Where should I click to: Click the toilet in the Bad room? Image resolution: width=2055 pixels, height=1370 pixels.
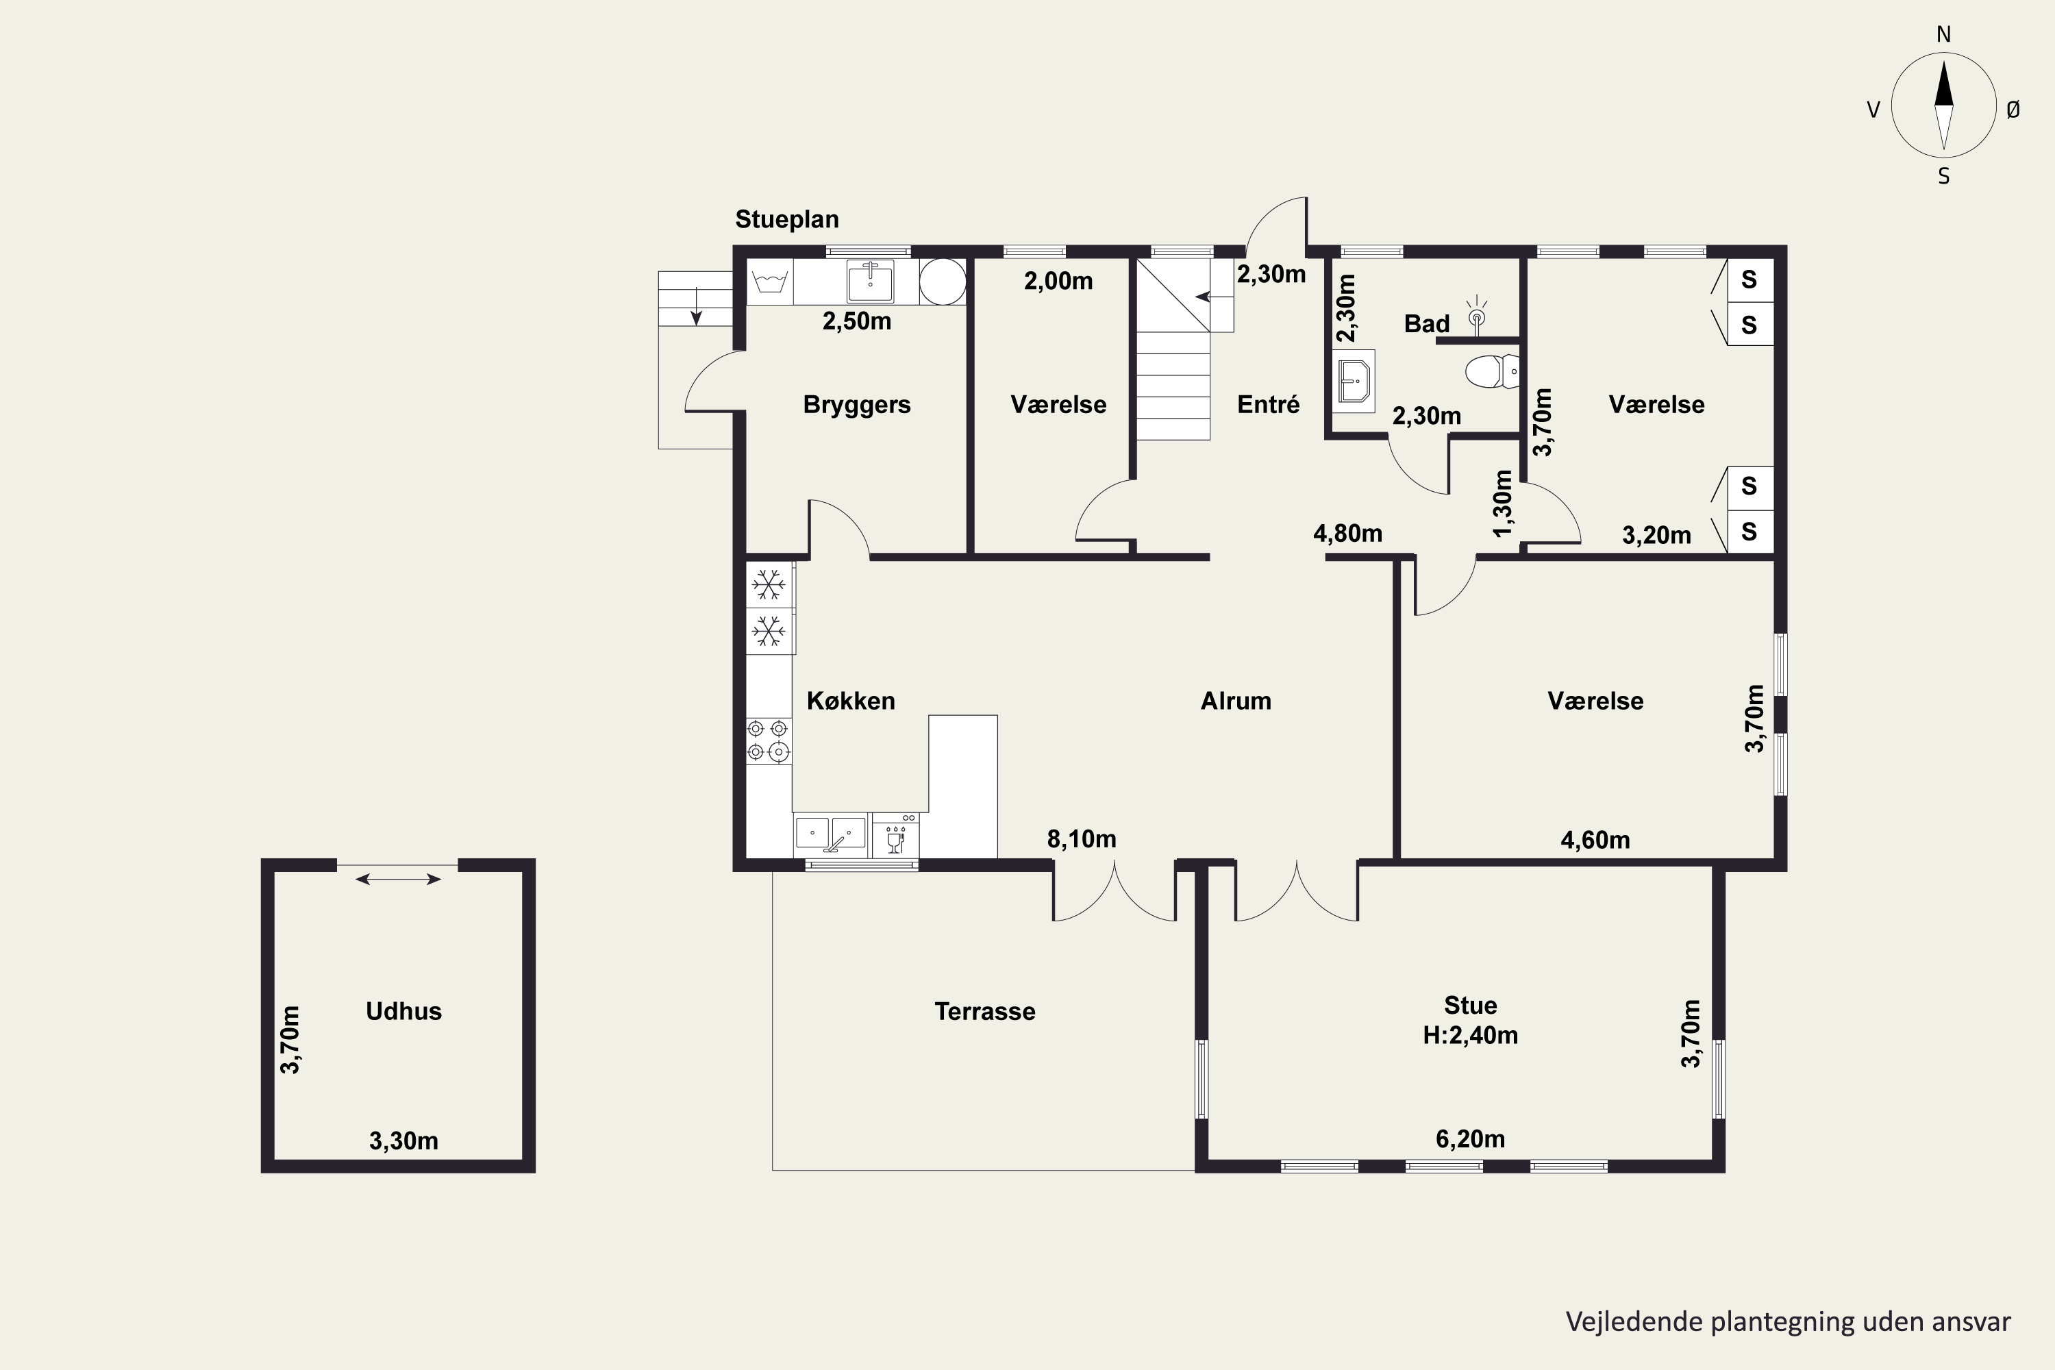click(x=1493, y=371)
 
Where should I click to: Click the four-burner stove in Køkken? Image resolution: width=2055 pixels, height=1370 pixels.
click(x=769, y=740)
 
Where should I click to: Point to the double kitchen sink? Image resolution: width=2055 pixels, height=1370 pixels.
click(x=830, y=834)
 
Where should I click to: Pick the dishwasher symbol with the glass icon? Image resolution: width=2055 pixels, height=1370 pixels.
click(x=895, y=835)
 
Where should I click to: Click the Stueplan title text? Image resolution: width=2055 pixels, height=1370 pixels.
click(x=786, y=219)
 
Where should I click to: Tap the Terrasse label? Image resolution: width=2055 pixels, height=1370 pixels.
click(x=985, y=1011)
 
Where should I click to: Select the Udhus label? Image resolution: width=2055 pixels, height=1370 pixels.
click(x=403, y=1011)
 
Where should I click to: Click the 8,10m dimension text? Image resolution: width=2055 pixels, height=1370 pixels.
click(x=1082, y=838)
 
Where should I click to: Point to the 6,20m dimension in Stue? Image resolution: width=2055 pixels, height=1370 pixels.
click(x=1471, y=1138)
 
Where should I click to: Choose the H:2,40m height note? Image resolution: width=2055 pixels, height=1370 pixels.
click(x=1471, y=1035)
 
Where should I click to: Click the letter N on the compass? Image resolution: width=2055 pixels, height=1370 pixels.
click(x=1944, y=34)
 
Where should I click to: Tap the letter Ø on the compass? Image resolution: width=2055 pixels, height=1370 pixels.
click(x=2013, y=109)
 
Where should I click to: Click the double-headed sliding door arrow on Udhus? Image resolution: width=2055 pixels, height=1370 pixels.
click(x=399, y=879)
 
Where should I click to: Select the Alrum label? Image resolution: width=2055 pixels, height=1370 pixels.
click(x=1236, y=701)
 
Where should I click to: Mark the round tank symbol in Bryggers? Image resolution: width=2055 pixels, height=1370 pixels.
click(x=943, y=282)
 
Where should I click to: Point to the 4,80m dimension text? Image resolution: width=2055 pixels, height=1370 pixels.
click(x=1348, y=533)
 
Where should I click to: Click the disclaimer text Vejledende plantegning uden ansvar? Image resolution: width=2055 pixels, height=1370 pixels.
click(x=1788, y=1321)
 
